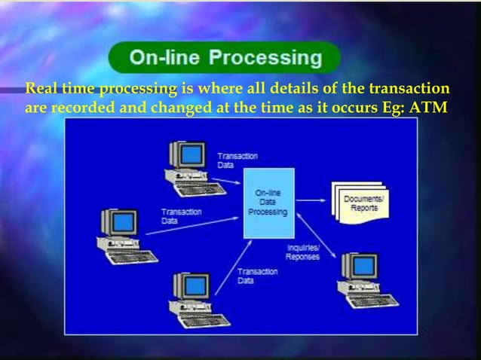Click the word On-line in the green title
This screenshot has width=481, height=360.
(x=167, y=57)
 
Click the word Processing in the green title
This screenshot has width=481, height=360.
(x=265, y=57)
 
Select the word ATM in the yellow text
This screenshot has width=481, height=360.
(x=430, y=107)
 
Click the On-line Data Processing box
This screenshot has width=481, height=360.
(x=268, y=203)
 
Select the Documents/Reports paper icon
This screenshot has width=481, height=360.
(x=363, y=203)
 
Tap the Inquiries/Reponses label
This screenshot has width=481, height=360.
(x=302, y=252)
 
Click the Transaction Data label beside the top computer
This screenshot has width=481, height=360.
(x=237, y=160)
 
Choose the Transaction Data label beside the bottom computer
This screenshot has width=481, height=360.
(x=257, y=276)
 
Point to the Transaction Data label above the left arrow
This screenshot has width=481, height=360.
(x=181, y=216)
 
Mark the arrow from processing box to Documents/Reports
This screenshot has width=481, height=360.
(x=314, y=201)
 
